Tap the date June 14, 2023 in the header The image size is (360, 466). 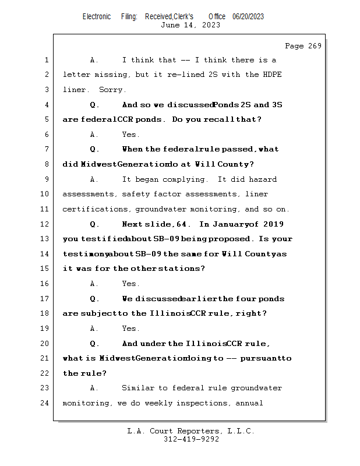[190, 25]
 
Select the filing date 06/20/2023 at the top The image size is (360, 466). [248, 16]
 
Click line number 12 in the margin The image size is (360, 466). [46, 224]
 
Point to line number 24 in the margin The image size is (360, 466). [46, 403]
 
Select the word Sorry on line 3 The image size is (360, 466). [112, 90]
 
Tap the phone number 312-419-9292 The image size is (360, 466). [191, 440]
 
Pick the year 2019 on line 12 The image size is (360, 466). [274, 224]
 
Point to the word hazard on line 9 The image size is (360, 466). [262, 179]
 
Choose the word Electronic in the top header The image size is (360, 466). [97, 16]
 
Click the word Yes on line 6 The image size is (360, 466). [131, 135]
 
